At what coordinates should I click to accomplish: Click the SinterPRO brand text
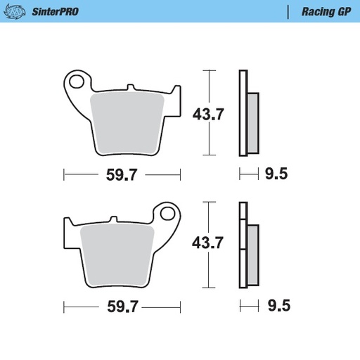pyautogui.click(x=55, y=12)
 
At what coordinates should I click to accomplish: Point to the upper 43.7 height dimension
pyautogui.click(x=208, y=114)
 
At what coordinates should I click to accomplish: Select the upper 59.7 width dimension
pyautogui.click(x=121, y=175)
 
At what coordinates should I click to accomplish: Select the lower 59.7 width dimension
pyautogui.click(x=121, y=307)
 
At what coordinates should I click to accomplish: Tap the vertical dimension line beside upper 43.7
pyautogui.click(x=205, y=112)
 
